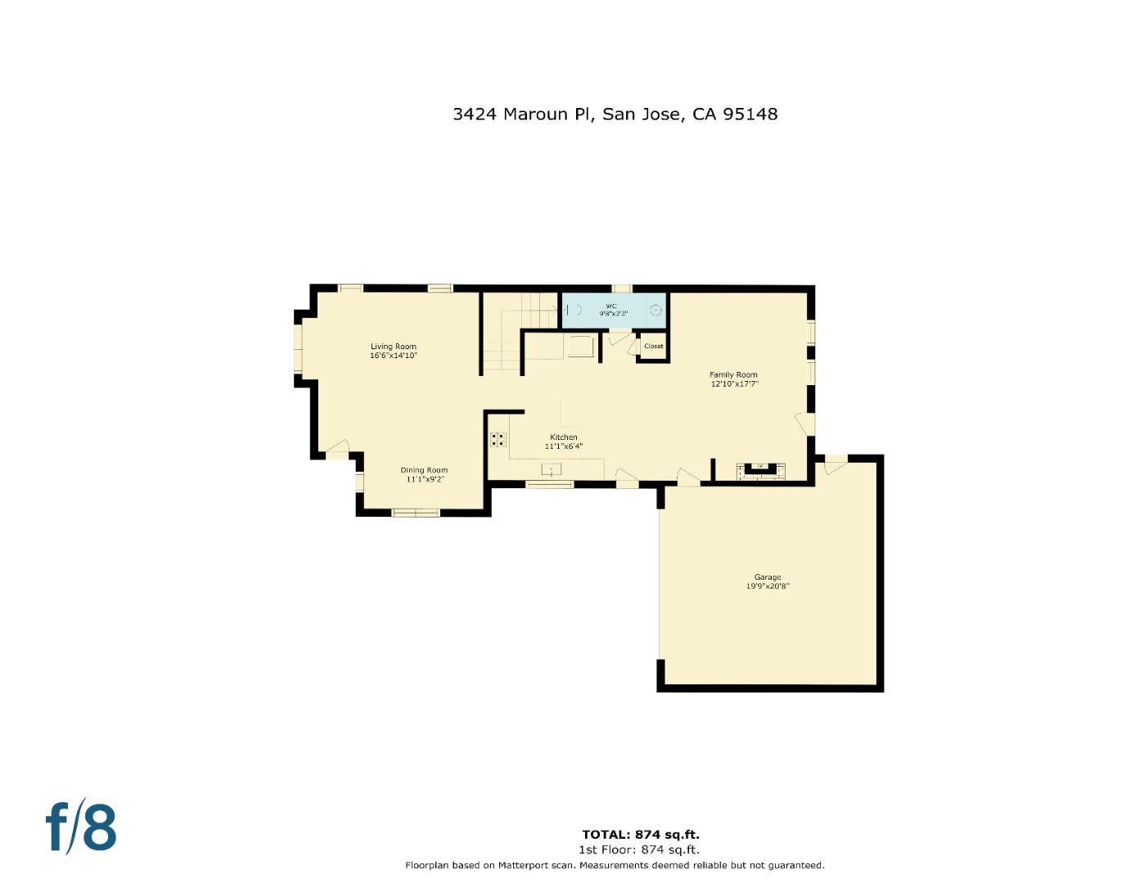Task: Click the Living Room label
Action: coord(393,347)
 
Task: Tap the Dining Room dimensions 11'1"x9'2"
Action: coord(424,480)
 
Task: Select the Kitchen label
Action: coord(563,437)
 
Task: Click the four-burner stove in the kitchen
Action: coord(498,440)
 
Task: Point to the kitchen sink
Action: coord(552,469)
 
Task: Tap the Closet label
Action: coord(653,347)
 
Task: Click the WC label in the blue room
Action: coord(611,306)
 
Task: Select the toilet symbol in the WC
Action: coord(572,310)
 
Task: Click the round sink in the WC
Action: coord(655,310)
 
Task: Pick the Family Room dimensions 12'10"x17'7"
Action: coord(734,383)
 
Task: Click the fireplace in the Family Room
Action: coord(760,469)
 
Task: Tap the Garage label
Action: coord(767,577)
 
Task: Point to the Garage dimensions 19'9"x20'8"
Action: coord(767,586)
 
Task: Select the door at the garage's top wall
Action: coord(835,465)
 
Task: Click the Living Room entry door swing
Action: coord(337,450)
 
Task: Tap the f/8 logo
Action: coord(80,827)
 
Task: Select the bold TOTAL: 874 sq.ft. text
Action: coord(640,835)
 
